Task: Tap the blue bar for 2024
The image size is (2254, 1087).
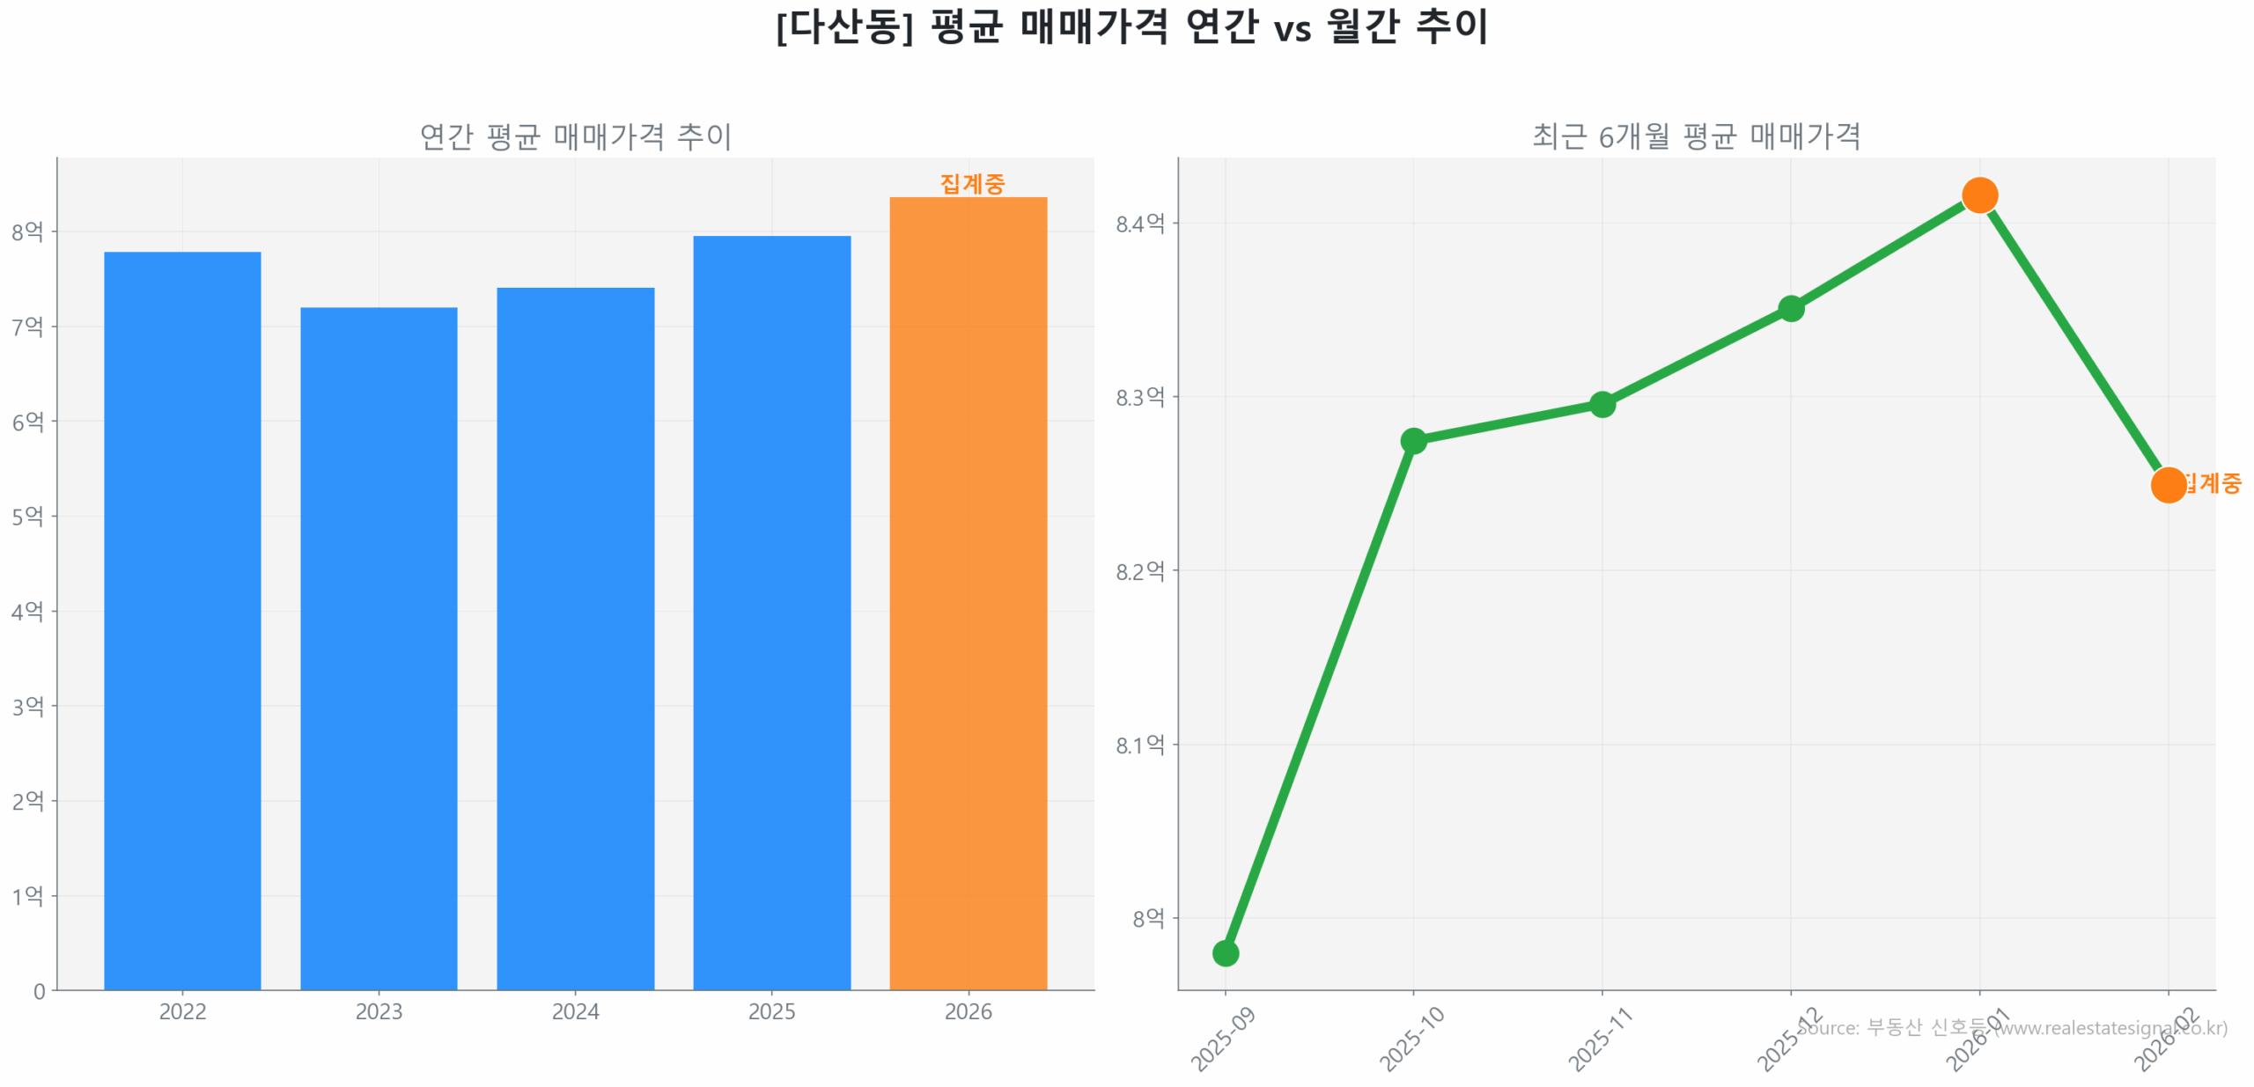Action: (575, 637)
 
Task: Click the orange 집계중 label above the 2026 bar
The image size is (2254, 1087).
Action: (971, 183)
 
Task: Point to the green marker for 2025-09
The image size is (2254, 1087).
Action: (1225, 952)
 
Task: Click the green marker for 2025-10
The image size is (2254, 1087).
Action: (1413, 440)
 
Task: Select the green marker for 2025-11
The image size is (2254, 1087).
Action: (1602, 404)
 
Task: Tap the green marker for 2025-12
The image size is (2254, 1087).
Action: (1791, 308)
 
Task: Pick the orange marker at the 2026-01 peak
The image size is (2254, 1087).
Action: (1979, 195)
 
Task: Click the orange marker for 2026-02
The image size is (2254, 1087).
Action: (2168, 484)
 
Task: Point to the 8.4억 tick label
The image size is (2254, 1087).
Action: (1139, 224)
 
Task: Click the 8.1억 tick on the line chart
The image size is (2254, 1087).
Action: (1139, 745)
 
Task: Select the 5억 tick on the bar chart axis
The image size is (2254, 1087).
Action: (27, 516)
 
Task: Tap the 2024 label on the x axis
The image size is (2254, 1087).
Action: (575, 1011)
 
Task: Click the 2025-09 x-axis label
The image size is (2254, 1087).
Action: (1222, 1039)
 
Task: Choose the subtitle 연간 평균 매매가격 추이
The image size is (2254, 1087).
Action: (575, 136)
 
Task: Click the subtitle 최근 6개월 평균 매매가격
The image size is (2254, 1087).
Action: (1696, 136)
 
